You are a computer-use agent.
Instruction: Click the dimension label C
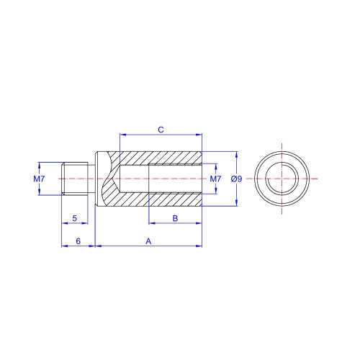coord(161,130)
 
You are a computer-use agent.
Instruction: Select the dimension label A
coord(148,241)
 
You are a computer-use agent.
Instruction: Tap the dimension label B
coord(175,218)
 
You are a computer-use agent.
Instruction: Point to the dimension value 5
coord(75,218)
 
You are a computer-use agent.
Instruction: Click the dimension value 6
coord(78,241)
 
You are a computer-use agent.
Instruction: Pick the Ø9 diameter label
coord(236,179)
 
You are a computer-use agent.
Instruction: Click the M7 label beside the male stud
coord(39,179)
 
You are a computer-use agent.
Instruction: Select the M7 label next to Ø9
coord(215,179)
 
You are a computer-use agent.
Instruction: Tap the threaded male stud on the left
coord(75,179)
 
